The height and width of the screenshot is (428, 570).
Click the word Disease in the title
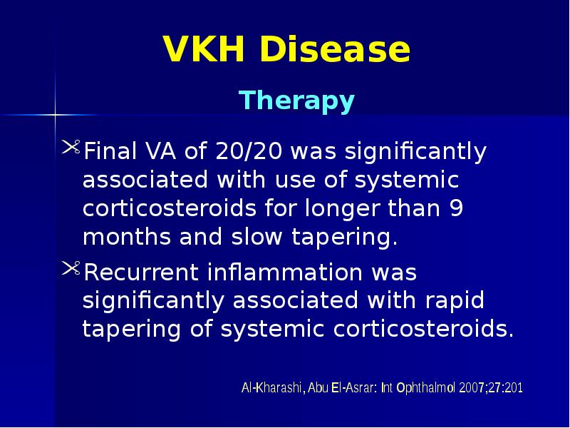point(335,51)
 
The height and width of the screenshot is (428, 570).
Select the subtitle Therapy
point(296,101)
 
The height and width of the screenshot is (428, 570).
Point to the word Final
point(108,152)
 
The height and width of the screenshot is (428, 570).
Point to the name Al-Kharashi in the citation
point(272,389)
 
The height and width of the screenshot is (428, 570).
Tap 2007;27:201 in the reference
point(492,389)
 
